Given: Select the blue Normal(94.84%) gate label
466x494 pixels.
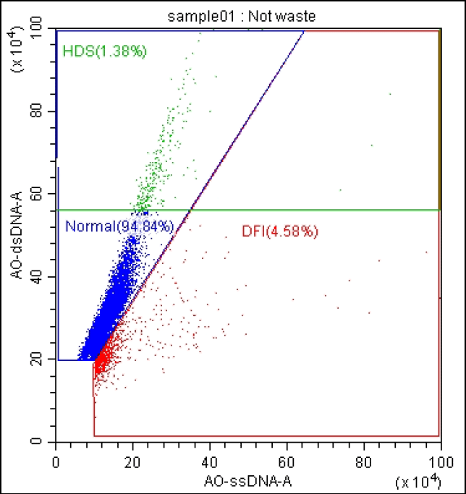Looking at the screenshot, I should pyautogui.click(x=119, y=226).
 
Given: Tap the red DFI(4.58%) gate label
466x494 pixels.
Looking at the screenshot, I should pyautogui.click(x=279, y=231).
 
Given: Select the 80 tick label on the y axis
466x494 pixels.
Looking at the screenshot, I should pyautogui.click(x=43, y=111).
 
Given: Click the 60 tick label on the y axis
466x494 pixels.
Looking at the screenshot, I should pyautogui.click(x=43, y=194).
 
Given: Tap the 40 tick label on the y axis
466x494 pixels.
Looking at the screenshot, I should pyautogui.click(x=43, y=276).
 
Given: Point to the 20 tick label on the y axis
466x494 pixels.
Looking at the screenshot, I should pyautogui.click(x=43, y=359).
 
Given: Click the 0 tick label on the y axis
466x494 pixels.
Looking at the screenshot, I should pyautogui.click(x=46, y=441).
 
